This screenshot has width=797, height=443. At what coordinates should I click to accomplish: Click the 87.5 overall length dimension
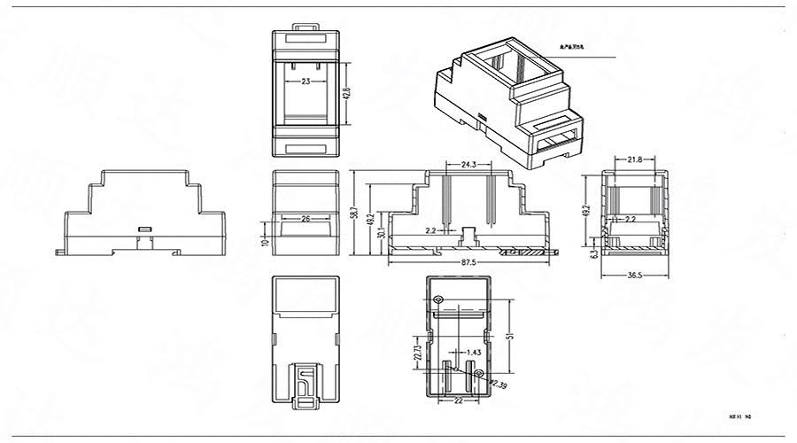pyautogui.click(x=468, y=263)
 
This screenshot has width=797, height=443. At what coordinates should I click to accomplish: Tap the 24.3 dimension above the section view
pyautogui.click(x=469, y=164)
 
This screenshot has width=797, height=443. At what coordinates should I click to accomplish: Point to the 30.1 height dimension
pyautogui.click(x=381, y=233)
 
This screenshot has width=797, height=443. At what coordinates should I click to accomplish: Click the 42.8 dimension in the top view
pyautogui.click(x=347, y=93)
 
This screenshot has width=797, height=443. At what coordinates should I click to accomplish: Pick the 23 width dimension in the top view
pyautogui.click(x=306, y=81)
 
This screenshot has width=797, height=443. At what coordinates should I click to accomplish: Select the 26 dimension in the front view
pyautogui.click(x=306, y=217)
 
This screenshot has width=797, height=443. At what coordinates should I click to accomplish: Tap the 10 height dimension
pyautogui.click(x=264, y=240)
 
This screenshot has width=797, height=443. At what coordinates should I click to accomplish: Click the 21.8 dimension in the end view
pyautogui.click(x=634, y=159)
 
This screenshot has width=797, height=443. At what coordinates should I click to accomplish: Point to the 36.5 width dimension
pyautogui.click(x=634, y=275)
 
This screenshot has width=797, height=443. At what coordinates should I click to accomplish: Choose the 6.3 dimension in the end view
pyautogui.click(x=593, y=253)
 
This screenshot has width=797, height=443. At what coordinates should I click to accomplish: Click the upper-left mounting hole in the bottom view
pyautogui.click(x=438, y=299)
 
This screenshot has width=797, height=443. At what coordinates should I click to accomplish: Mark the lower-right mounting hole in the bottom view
pyautogui.click(x=479, y=375)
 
